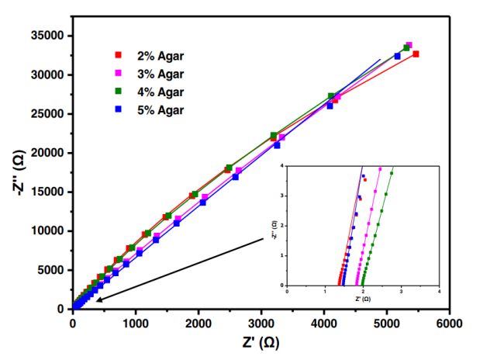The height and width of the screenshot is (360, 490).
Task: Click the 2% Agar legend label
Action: (159, 56)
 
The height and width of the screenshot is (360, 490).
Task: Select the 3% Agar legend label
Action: (159, 74)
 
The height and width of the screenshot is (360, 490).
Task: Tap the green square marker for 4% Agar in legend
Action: (119, 92)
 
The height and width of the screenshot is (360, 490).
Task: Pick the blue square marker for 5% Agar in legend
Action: (119, 109)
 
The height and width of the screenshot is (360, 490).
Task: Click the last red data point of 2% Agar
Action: (416, 54)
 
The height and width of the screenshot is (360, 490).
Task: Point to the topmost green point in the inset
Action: (392, 174)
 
